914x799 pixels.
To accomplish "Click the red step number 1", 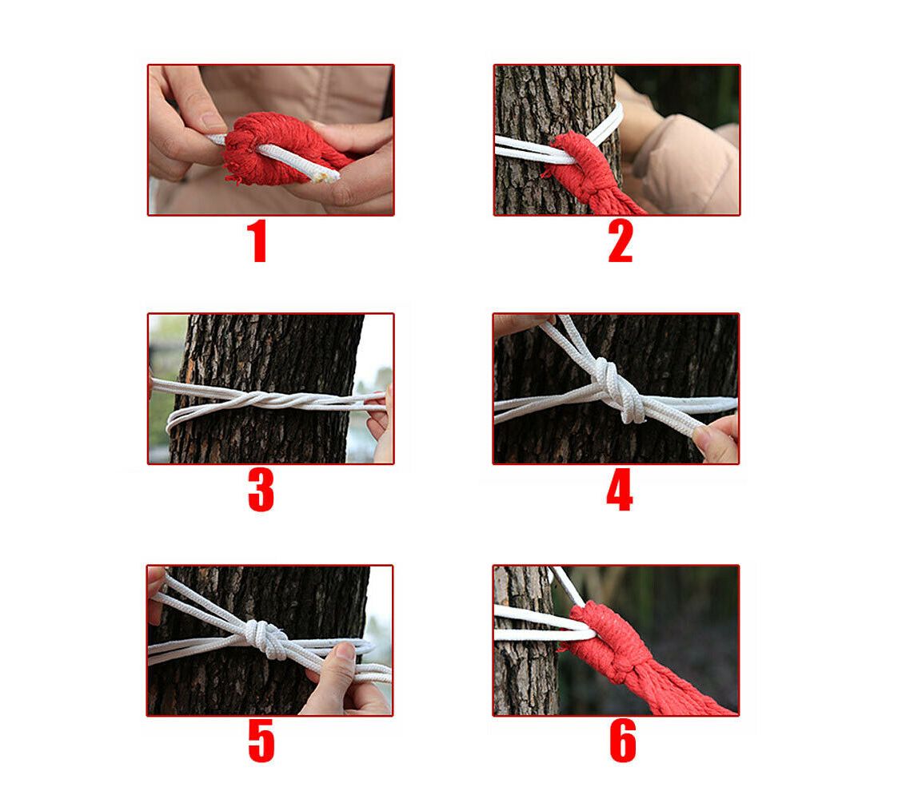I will coord(257,242).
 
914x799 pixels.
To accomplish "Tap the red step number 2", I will coord(620,242).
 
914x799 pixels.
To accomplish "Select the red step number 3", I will coord(261,491).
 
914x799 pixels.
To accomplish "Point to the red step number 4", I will coord(619,491).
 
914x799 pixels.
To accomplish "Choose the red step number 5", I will coord(261,742).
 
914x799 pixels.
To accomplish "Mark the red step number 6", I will coord(622,742).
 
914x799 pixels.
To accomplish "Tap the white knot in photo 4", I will coord(612,387).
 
